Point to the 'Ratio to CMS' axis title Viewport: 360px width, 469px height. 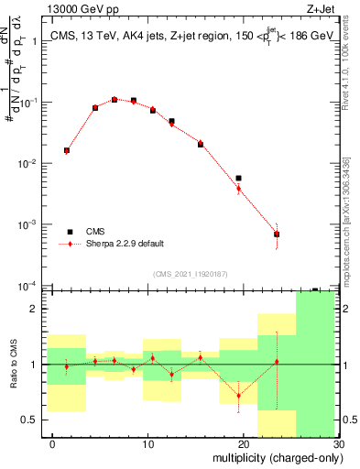[13, 364]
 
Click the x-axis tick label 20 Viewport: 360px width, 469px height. [244, 443]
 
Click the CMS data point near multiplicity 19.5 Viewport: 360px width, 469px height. [238, 178]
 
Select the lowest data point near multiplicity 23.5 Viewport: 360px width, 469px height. [277, 234]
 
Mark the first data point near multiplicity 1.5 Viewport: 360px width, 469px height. [67, 150]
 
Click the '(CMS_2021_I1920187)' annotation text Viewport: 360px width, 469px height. [190, 273]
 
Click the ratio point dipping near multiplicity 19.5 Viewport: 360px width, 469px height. [238, 396]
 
